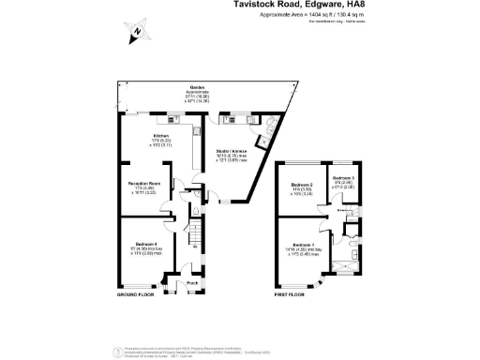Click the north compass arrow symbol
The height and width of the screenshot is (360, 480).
click(x=137, y=33)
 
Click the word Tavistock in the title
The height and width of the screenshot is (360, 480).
click(x=259, y=5)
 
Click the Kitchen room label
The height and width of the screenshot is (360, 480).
click(x=160, y=136)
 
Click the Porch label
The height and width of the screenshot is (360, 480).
click(x=191, y=282)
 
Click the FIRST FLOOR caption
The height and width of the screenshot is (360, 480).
click(x=290, y=294)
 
